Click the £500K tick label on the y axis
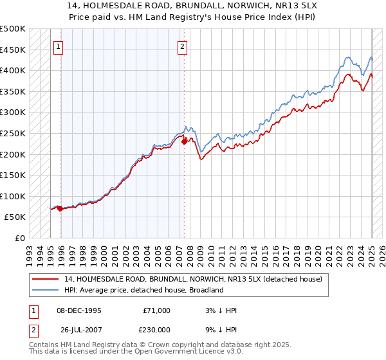point(13,29)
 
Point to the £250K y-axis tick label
point(13,133)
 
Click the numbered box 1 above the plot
point(58,46)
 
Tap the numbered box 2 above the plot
point(182,46)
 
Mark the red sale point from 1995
point(60,208)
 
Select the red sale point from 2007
point(185,141)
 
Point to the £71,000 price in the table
point(156,310)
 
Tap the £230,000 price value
point(156,328)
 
